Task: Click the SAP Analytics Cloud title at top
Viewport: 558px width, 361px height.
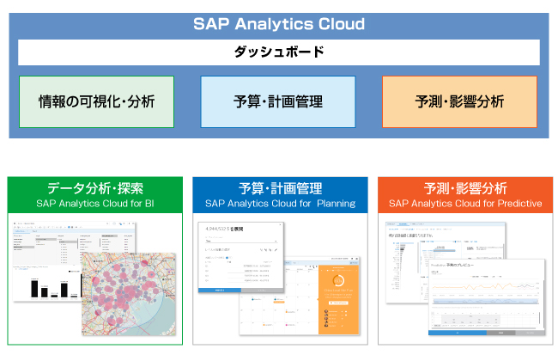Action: (279, 24)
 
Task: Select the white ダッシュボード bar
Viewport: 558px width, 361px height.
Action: (279, 52)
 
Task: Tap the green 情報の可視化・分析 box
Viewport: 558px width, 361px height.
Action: (96, 101)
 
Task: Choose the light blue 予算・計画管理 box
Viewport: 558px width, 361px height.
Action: (278, 101)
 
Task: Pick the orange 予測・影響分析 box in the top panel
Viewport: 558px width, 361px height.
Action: (459, 101)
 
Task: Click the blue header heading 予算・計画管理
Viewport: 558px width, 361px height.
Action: (280, 188)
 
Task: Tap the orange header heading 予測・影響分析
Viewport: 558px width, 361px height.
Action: (465, 188)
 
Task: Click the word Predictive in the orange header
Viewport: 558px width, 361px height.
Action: (513, 204)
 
